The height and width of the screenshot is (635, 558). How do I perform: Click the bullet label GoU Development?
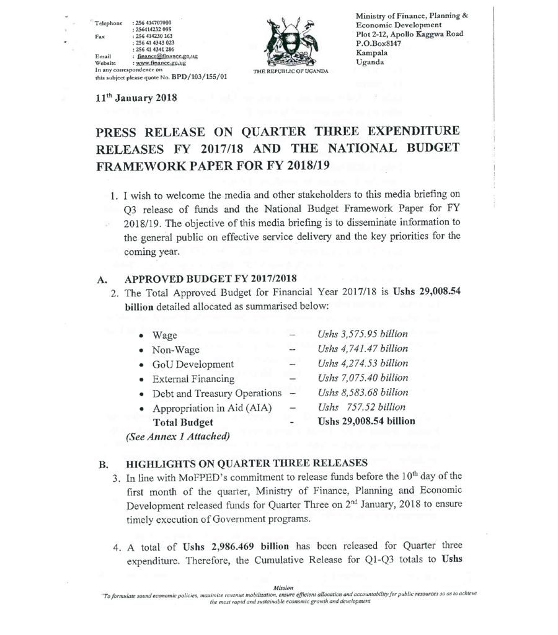193,364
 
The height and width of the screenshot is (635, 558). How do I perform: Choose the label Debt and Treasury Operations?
217,393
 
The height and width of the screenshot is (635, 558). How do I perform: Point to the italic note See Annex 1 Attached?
177,435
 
